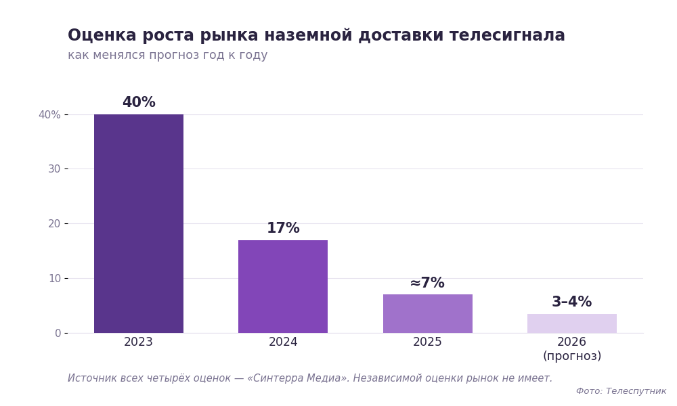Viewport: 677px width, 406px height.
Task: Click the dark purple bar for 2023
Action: [139, 223]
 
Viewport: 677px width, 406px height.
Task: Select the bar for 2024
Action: [283, 286]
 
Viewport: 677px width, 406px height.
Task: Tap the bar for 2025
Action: [427, 314]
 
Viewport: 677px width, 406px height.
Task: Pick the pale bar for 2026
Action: [571, 323]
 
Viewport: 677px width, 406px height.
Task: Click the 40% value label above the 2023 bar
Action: [139, 102]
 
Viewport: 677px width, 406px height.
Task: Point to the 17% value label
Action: [283, 228]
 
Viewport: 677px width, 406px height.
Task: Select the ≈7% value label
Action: [427, 283]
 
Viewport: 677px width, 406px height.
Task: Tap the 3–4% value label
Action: [571, 302]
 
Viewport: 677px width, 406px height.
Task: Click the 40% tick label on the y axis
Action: [49, 115]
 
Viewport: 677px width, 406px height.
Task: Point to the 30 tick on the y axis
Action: [54, 168]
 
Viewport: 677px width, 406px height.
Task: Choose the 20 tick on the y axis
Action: [54, 223]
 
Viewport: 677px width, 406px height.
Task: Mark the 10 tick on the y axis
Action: [54, 278]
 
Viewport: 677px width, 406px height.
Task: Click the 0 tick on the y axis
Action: [58, 333]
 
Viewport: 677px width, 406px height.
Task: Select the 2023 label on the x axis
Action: [138, 342]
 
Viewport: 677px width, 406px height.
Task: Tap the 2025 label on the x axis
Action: [427, 342]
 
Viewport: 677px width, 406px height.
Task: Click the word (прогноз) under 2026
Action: [572, 356]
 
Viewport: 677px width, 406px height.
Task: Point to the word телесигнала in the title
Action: [507, 35]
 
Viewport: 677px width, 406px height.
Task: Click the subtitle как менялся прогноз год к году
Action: [167, 55]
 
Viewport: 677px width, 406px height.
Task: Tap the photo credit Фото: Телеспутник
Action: [621, 391]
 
